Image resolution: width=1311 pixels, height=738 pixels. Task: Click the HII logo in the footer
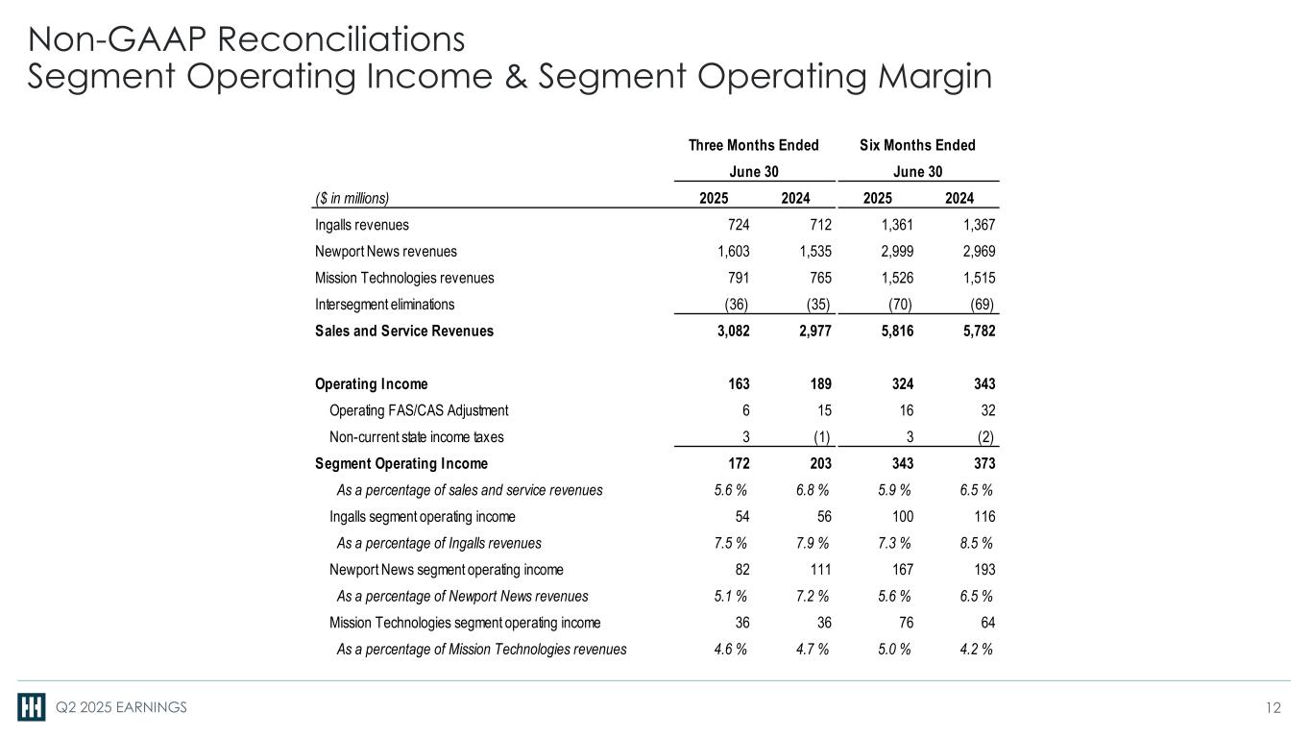click(x=32, y=707)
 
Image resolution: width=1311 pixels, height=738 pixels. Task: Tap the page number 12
click(x=1274, y=708)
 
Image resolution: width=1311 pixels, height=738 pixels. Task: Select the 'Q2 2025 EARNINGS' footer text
click(x=120, y=708)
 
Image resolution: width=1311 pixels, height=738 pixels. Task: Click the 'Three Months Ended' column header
click(x=753, y=145)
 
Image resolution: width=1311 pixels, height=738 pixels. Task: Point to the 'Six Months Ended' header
click(x=917, y=145)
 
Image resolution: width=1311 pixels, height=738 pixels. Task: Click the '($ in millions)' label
click(x=352, y=198)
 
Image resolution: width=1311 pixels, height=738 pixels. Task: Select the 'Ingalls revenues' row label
click(x=361, y=225)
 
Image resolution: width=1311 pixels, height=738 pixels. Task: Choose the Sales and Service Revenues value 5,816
click(x=894, y=332)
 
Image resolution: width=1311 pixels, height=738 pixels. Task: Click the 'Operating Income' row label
click(x=372, y=384)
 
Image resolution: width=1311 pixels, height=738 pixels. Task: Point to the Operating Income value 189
click(x=818, y=384)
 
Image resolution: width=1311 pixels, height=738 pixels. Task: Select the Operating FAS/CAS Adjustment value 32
click(x=985, y=411)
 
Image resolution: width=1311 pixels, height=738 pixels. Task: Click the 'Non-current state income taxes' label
click(x=416, y=437)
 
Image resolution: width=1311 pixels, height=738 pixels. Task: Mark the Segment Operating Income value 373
click(x=983, y=464)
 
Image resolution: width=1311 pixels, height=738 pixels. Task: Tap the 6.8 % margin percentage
click(x=813, y=490)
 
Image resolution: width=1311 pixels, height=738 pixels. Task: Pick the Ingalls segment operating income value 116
click(x=983, y=517)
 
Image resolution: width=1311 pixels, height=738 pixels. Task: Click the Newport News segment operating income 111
click(x=818, y=570)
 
